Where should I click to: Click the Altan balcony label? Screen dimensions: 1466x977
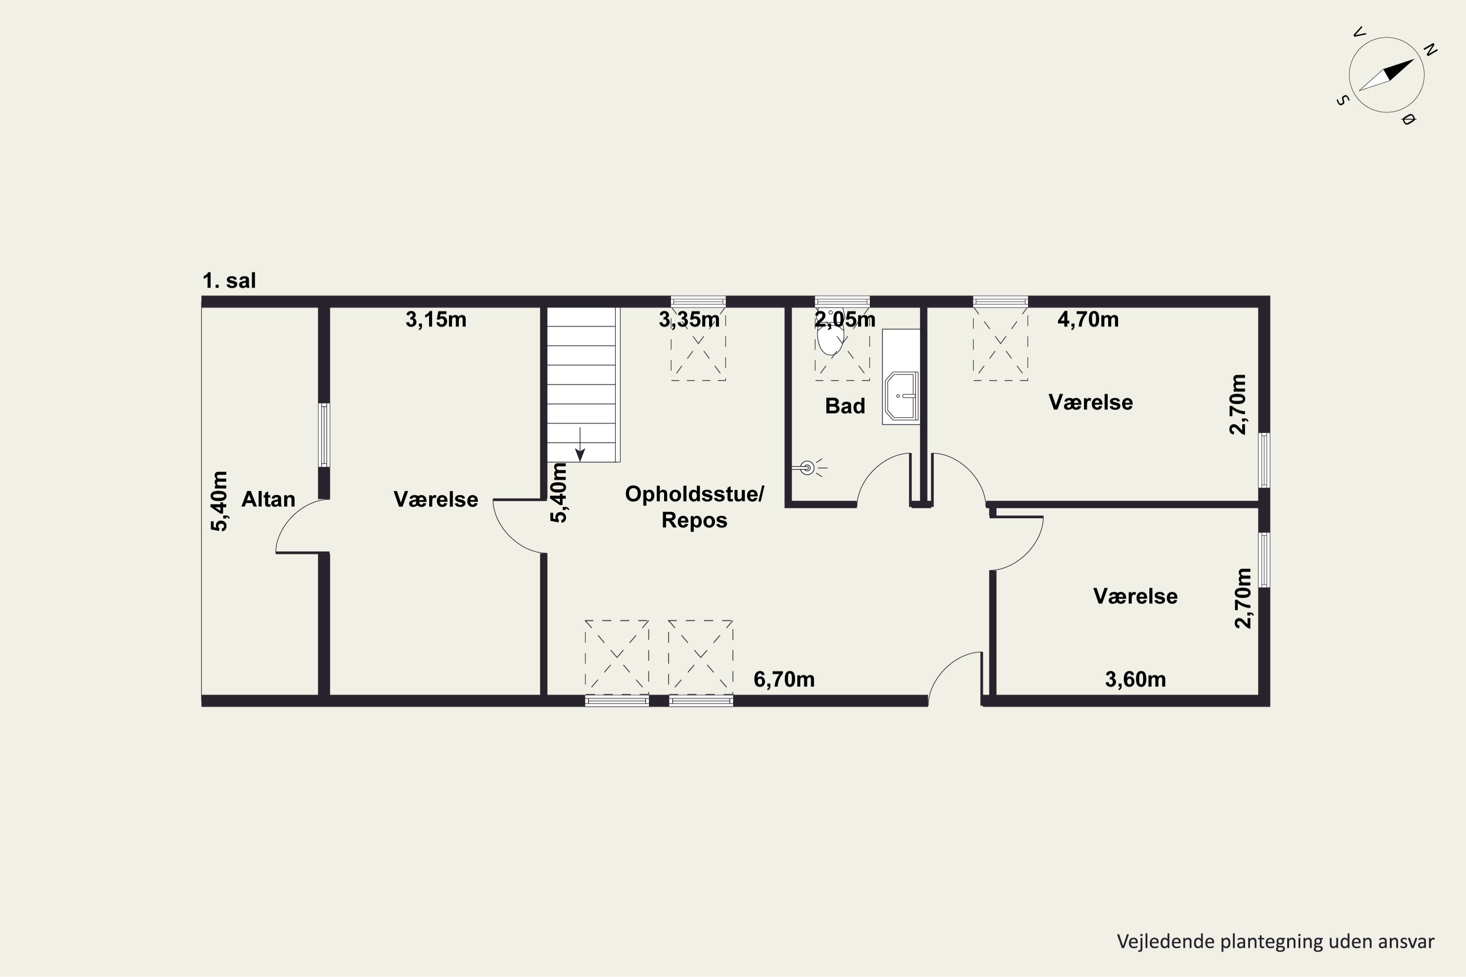coord(268,499)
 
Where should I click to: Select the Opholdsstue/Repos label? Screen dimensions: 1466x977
coord(694,507)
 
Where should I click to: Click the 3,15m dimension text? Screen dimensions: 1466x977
coord(436,319)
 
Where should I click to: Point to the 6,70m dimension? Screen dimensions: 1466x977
coord(784,679)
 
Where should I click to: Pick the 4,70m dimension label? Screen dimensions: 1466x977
coord(1088,319)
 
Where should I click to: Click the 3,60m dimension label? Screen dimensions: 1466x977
coord(1135,679)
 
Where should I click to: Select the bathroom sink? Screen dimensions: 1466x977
coord(901,396)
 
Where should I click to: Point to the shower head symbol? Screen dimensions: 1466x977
coord(807,467)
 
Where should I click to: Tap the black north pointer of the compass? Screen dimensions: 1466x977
coord(1400,70)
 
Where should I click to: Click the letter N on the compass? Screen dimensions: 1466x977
coord(1430,50)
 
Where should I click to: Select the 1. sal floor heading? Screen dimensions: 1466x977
coord(229,280)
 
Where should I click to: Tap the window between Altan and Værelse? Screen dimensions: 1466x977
coord(324,435)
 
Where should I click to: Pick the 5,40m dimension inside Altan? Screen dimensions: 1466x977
coord(219,501)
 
